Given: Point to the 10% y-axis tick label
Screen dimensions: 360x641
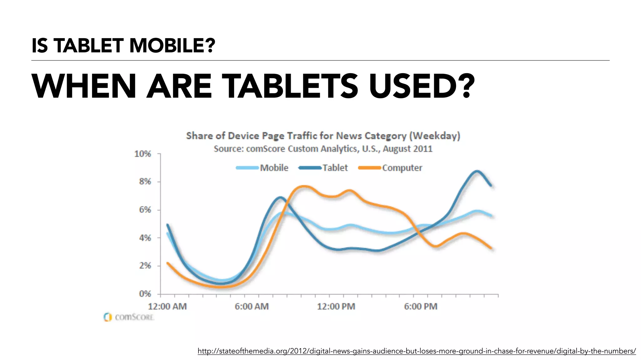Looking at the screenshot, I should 143,154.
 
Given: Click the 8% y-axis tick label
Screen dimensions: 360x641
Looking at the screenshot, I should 145,182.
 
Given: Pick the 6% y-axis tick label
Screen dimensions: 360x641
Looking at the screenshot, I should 145,210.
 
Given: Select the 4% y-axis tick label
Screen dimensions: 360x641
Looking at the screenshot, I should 145,238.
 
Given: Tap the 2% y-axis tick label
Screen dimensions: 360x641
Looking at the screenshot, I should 145,266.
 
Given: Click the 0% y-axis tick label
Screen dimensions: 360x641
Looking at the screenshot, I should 145,294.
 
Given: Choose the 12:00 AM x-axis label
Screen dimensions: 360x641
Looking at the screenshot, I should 167,306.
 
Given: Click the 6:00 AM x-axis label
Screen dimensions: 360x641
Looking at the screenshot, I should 252,306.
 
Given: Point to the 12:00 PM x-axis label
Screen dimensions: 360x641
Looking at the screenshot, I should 336,306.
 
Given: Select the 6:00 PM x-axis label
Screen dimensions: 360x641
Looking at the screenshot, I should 420,306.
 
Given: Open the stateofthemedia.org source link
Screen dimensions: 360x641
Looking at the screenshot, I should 417,351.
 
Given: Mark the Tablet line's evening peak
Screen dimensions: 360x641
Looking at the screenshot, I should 476,171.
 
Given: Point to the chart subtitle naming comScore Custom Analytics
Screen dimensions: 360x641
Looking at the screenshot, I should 323,149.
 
